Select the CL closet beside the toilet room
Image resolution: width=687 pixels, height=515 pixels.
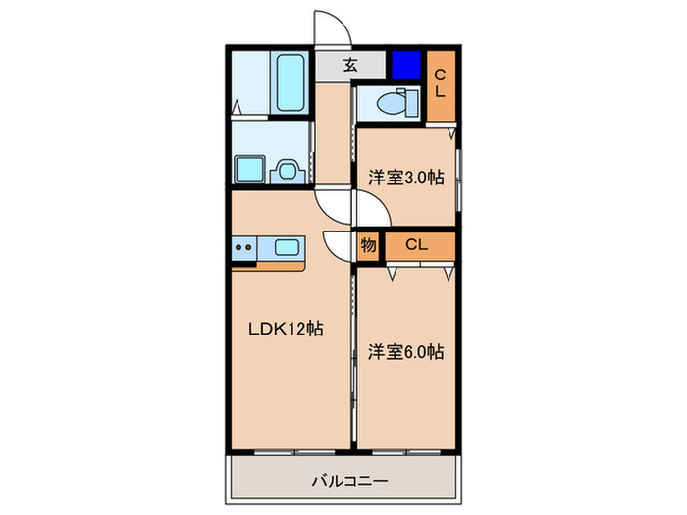pyautogui.click(x=441, y=86)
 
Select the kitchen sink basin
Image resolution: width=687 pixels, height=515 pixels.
pyautogui.click(x=288, y=247)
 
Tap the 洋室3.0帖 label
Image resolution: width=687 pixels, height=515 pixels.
pyautogui.click(x=405, y=178)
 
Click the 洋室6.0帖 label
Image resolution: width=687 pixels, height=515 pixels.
pyautogui.click(x=405, y=351)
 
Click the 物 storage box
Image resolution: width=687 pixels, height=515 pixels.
pyautogui.click(x=369, y=245)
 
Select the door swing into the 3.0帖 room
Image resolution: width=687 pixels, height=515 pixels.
pyautogui.click(x=372, y=208)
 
